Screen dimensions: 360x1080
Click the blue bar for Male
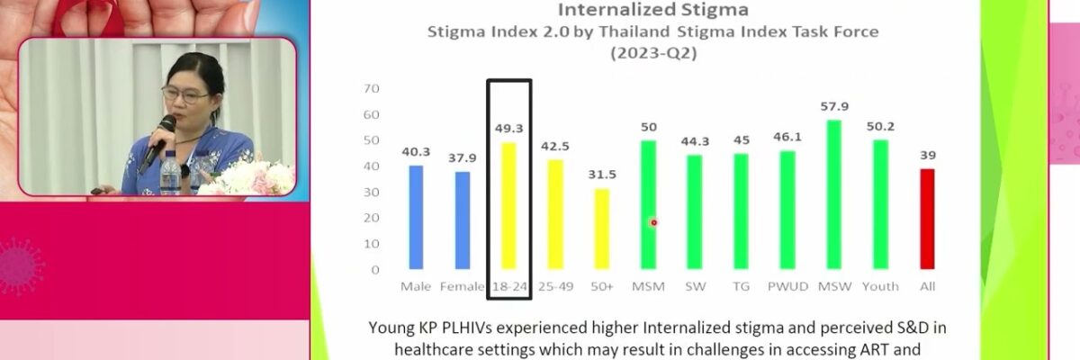tap(416, 217)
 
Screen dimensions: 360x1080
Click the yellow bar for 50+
tap(602, 229)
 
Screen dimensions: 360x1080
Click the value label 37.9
tap(462, 158)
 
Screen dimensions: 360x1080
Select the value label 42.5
tap(555, 147)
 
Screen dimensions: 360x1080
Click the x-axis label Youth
tap(880, 286)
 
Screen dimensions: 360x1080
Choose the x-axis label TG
tap(742, 286)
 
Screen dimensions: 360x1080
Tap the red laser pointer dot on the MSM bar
tap(654, 222)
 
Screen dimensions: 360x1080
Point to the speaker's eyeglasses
tap(184, 93)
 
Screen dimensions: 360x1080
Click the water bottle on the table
tap(169, 171)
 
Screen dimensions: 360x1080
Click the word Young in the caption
tap(394, 327)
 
